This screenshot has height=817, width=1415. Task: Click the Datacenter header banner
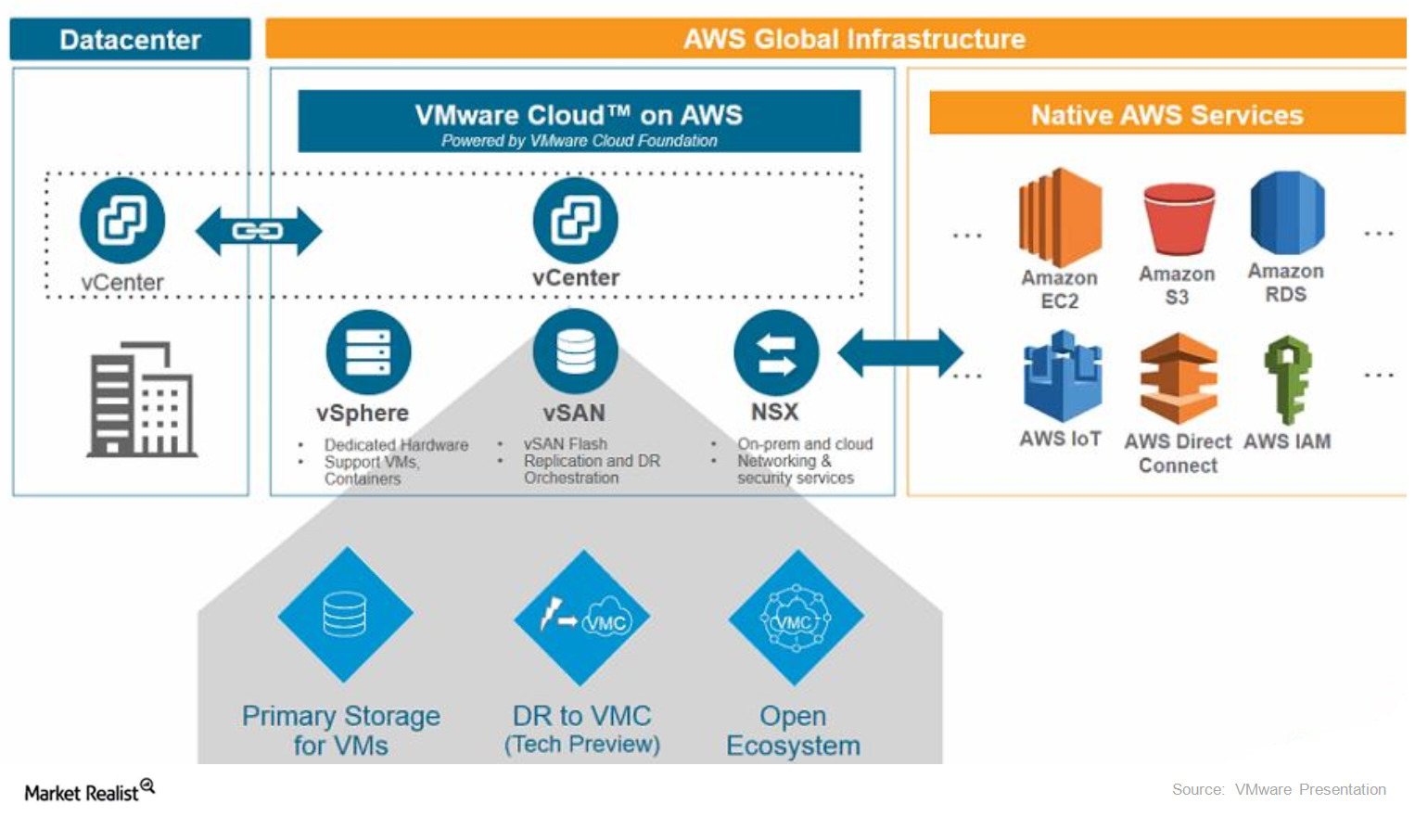pos(130,39)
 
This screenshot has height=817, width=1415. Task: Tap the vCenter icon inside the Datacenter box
pos(122,221)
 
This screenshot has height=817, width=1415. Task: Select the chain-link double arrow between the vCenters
pos(258,231)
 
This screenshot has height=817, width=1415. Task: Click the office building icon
pos(141,400)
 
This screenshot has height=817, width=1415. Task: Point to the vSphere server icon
pos(368,352)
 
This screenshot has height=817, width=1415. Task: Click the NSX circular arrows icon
pos(775,353)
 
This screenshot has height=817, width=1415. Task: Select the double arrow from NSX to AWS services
pos(899,353)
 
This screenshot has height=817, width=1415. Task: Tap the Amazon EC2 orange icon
pos(1060,218)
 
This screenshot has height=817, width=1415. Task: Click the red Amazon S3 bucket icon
pos(1178,219)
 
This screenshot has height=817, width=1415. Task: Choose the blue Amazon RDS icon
pos(1286,213)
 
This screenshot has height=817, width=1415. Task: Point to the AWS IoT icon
pos(1062,378)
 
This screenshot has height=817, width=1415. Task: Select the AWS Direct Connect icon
pos(1178,379)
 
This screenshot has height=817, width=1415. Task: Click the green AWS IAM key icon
pos(1288,379)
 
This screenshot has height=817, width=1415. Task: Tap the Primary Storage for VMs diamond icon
pos(345,615)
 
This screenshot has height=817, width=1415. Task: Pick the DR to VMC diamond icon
pos(582,618)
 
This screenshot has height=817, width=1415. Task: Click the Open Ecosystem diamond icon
pos(796,618)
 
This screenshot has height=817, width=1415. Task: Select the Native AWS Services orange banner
pos(1166,114)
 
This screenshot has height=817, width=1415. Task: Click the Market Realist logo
pos(89,791)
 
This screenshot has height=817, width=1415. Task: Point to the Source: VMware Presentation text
pos(1279,789)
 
